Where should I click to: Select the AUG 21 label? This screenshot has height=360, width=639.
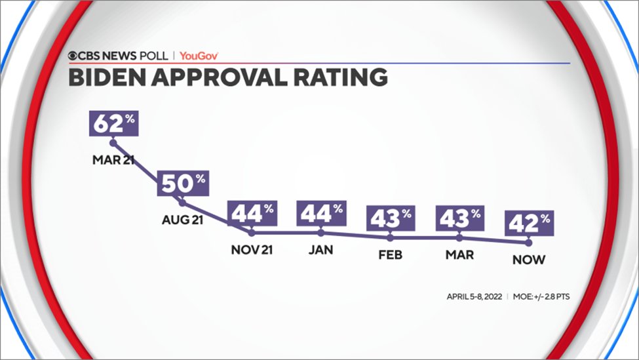point(182,220)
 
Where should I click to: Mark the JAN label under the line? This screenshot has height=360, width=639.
point(321,250)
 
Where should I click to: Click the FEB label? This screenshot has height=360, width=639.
point(391,254)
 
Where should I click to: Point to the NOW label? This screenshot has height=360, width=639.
point(528,260)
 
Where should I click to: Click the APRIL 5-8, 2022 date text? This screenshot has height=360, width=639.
point(474,296)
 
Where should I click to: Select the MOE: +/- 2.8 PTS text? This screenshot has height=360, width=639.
point(541,296)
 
